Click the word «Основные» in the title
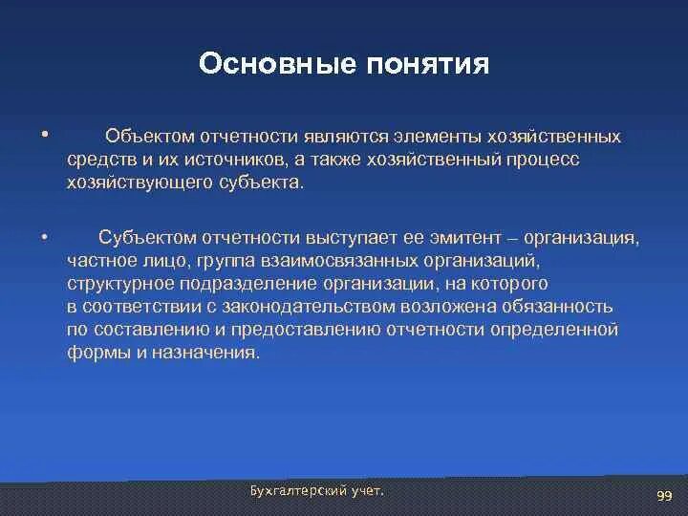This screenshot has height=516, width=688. [277, 63]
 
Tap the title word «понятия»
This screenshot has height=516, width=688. [428, 65]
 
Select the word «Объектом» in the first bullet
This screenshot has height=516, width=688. [150, 137]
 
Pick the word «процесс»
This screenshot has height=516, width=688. [543, 161]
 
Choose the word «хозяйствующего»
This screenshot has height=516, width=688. [140, 183]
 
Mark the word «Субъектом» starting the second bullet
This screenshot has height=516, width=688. [147, 237]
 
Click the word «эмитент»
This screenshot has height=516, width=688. [465, 238]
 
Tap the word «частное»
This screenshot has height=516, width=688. [102, 261]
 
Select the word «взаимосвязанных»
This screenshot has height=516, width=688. [339, 261]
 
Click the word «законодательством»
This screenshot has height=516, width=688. [309, 307]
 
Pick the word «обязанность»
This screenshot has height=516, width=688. [557, 307]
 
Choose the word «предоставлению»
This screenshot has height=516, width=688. [306, 330]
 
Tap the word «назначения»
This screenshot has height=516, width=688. [205, 353]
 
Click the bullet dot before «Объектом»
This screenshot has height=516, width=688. [44, 134]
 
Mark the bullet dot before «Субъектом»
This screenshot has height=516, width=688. [44, 237]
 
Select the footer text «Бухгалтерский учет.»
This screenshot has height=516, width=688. [317, 491]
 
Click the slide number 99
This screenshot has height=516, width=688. [664, 496]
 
